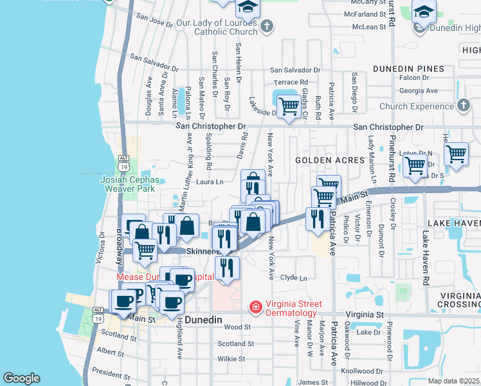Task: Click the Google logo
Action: [x=21, y=378]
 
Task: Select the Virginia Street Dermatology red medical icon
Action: [x=256, y=308]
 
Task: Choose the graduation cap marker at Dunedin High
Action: [x=424, y=13]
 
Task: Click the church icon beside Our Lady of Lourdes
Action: [x=268, y=26]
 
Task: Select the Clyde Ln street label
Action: [x=294, y=278]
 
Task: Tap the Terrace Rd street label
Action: [x=291, y=82]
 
